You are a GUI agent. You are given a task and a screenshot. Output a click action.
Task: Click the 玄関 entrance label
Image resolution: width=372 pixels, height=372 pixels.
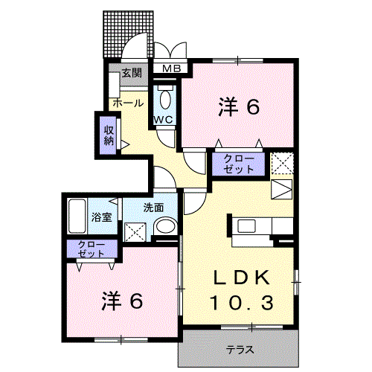[132, 74]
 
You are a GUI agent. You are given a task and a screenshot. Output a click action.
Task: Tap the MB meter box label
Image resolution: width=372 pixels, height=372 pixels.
[172, 70]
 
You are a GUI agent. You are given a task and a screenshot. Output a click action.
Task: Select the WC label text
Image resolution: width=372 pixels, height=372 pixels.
[164, 119]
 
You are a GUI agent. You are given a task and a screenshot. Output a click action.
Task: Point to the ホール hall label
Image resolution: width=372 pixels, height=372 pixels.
[127, 103]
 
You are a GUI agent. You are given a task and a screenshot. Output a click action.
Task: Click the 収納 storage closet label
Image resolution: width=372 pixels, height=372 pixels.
[108, 134]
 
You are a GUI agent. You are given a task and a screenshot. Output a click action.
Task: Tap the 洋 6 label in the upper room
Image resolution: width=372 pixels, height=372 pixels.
[238, 107]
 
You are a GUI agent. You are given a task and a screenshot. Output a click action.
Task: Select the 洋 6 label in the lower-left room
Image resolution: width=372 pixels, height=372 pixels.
[122, 301]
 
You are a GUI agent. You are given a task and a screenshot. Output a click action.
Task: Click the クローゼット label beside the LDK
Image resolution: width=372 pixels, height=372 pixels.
[239, 164]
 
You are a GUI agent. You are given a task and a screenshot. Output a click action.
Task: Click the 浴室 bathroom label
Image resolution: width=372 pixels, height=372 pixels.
[102, 217]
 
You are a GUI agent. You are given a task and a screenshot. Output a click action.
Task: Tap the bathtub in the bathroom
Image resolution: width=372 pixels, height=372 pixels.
[77, 217]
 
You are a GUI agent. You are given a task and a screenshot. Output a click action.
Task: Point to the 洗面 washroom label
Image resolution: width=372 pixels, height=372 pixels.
[154, 207]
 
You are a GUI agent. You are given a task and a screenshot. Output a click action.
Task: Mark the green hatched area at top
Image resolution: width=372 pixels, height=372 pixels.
[127, 33]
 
